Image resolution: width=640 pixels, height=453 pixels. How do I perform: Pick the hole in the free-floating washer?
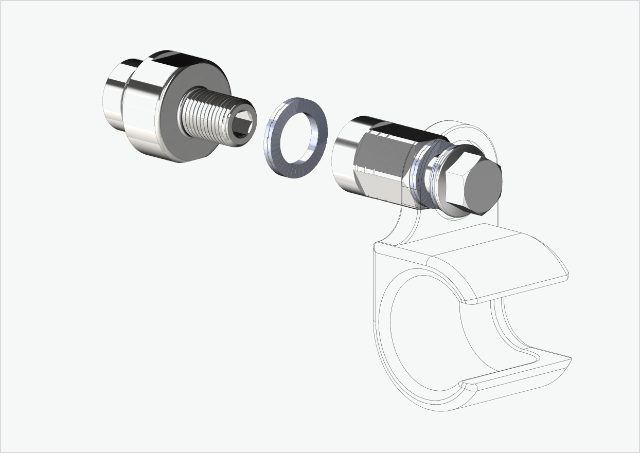297,136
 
